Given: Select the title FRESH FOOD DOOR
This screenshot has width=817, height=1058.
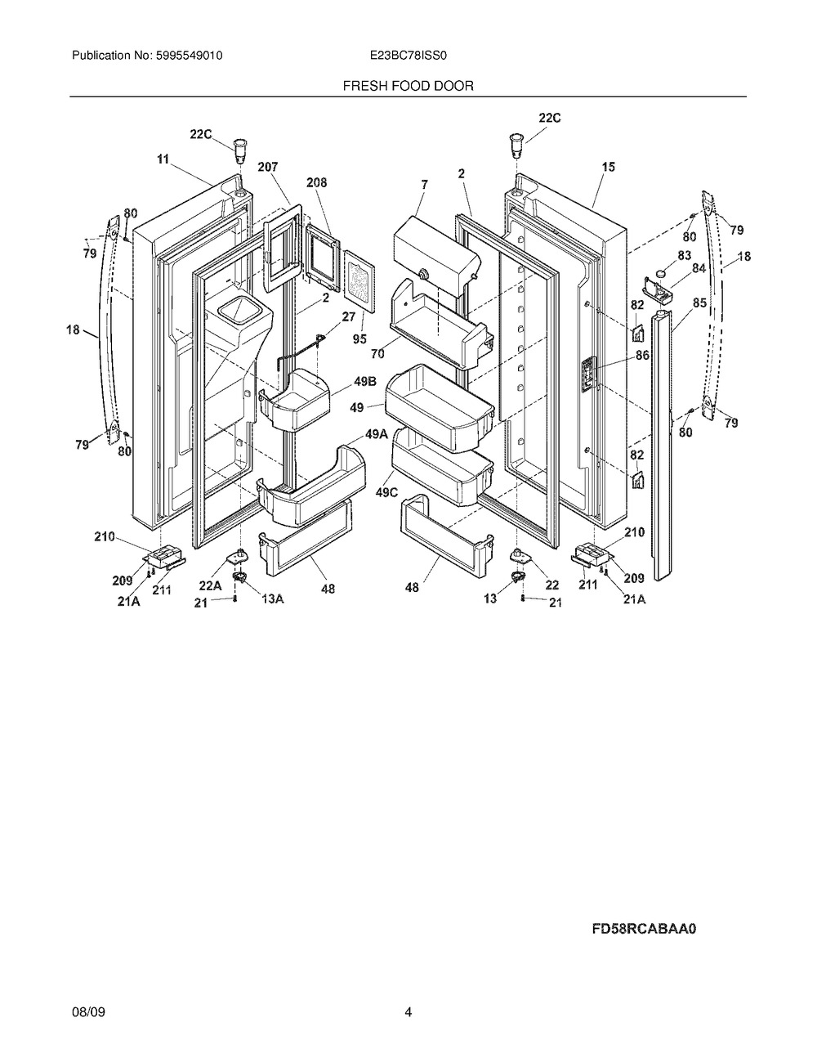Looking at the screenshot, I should pos(408,85).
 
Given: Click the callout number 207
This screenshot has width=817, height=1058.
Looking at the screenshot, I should pos(267,167).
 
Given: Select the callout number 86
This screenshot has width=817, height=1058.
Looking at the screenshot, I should pos(643,356).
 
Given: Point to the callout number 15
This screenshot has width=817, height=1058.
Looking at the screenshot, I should pos(608,167).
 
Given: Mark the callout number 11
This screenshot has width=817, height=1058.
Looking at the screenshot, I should pos(163,160).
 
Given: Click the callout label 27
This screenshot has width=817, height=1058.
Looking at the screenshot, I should pos(349,316).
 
